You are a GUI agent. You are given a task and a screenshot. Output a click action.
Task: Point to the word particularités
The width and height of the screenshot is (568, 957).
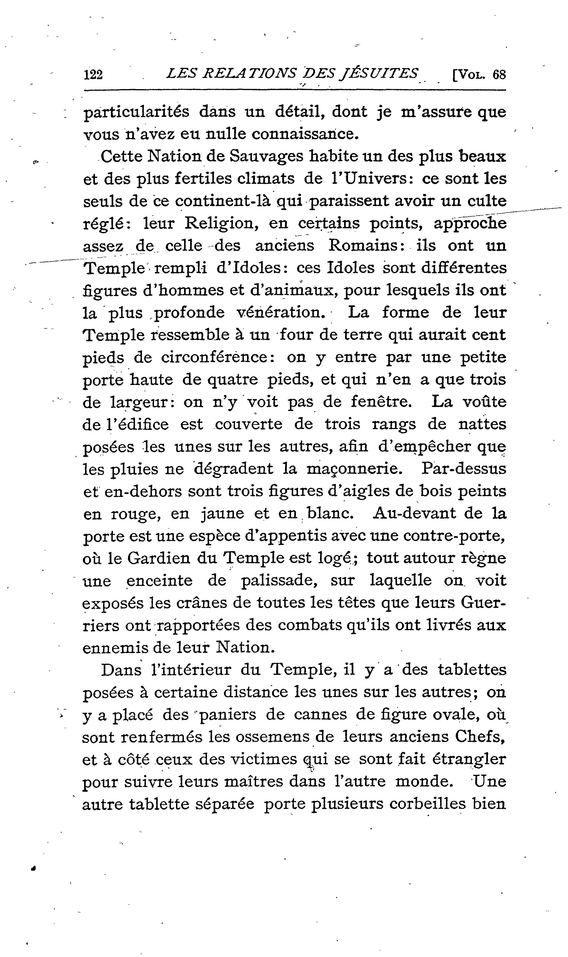pyautogui.click(x=136, y=112)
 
